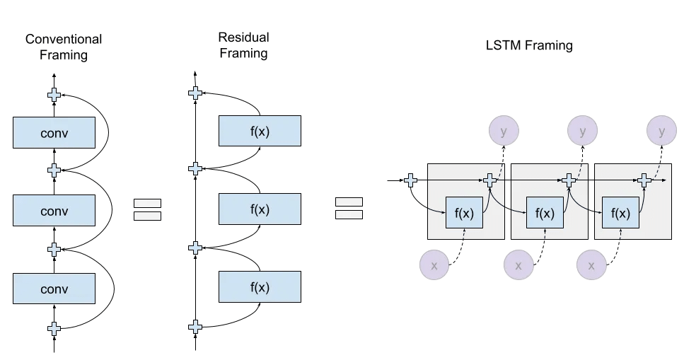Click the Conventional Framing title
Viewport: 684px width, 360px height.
point(64,47)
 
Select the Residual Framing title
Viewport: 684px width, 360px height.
point(244,45)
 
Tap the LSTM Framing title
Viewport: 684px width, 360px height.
point(528,46)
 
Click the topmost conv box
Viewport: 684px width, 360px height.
point(54,132)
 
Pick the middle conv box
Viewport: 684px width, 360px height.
point(54,211)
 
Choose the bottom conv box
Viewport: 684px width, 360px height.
point(54,289)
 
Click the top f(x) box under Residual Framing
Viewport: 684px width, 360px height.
point(260,131)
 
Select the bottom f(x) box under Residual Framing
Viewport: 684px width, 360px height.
point(260,287)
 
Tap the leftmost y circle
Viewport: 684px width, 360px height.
point(503,132)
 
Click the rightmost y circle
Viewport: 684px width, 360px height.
point(661,132)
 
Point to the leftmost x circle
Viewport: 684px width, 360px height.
point(434,266)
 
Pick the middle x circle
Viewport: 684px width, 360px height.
point(518,266)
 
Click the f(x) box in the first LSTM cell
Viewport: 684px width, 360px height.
point(463,213)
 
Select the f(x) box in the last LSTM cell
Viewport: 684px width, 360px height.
point(620,213)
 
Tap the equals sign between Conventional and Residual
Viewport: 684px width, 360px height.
point(148,210)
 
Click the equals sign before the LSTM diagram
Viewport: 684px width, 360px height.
point(349,208)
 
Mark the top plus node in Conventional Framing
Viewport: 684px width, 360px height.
point(54,94)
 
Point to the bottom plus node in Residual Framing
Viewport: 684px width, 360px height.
point(195,327)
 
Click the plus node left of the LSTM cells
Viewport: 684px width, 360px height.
point(410,180)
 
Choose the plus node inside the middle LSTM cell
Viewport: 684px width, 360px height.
point(568,180)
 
